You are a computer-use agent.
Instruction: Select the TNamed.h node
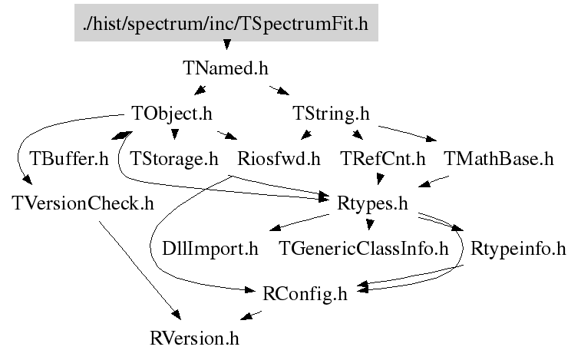[226, 68]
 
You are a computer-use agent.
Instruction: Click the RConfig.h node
[305, 293]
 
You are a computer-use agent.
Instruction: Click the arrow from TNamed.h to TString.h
[278, 91]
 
